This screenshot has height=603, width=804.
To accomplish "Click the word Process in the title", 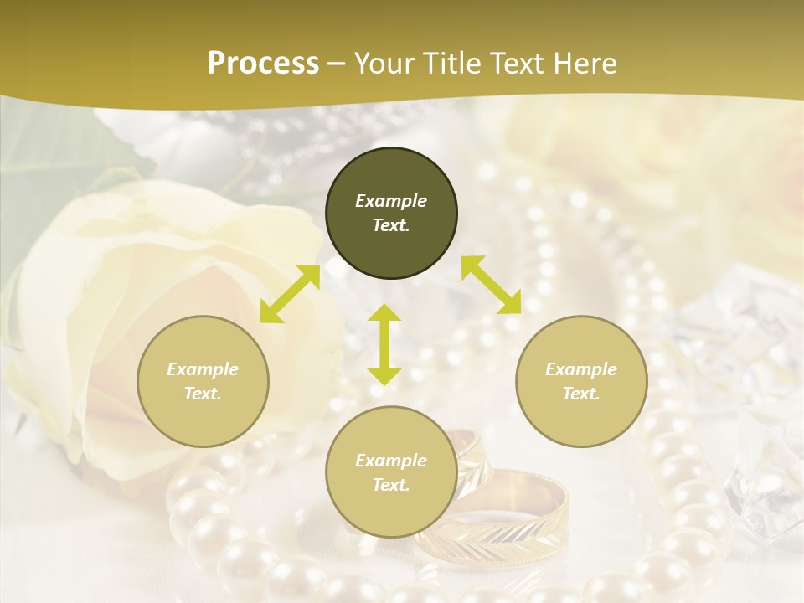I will (x=263, y=64).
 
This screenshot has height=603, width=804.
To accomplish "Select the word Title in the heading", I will (x=452, y=64).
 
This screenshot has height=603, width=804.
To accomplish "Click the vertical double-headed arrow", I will (x=384, y=344).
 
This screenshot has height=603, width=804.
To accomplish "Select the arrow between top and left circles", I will (x=290, y=294).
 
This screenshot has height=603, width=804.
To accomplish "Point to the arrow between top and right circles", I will (x=491, y=285).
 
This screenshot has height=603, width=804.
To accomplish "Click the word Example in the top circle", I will (x=391, y=201).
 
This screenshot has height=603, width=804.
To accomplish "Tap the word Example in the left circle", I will (x=203, y=369).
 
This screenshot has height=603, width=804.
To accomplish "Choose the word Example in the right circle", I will (x=581, y=369).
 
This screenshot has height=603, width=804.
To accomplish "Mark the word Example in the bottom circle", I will (x=391, y=461).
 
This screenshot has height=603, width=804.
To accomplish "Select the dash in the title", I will (x=337, y=64).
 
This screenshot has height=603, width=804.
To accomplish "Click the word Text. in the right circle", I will (x=581, y=394).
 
